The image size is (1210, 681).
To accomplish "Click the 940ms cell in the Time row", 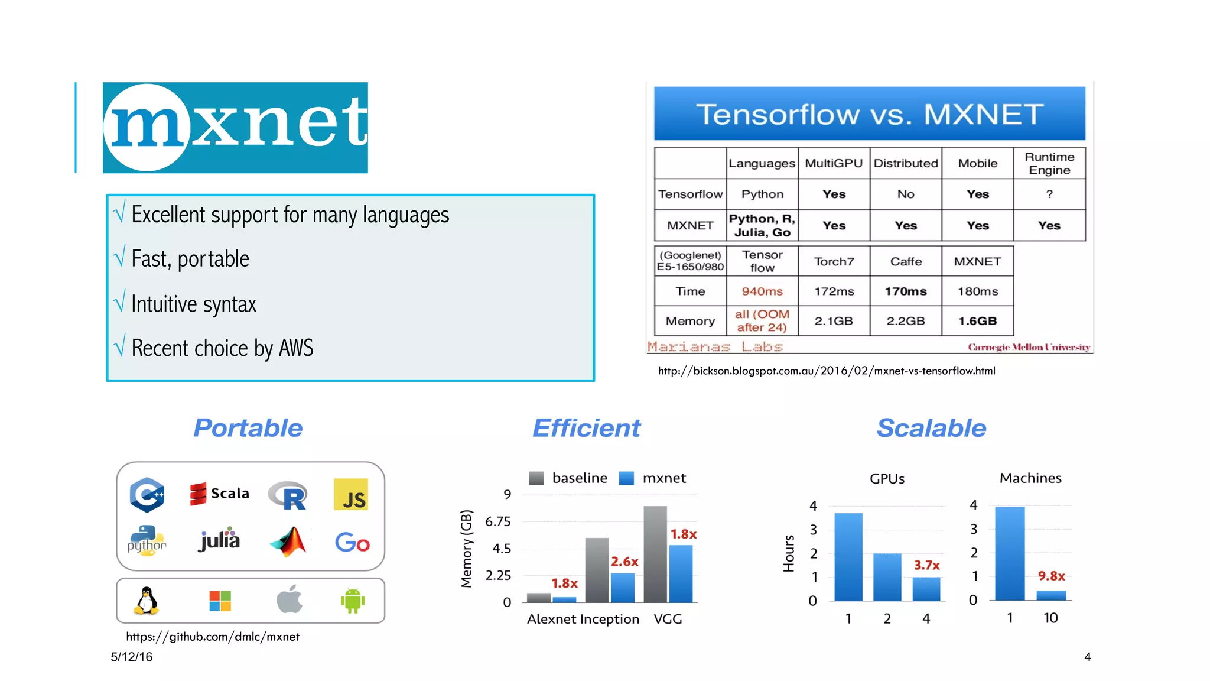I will (x=762, y=291).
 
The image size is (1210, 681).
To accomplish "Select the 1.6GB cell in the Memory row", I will (x=977, y=321).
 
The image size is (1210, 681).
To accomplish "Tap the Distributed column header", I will (x=905, y=163).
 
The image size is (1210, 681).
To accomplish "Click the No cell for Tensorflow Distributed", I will (x=905, y=194).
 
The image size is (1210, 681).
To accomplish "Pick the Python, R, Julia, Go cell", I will (x=762, y=225).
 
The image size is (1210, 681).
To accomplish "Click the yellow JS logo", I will (x=351, y=494).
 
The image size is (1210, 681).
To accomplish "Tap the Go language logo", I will (x=352, y=542).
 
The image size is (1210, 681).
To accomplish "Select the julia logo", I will (x=219, y=540).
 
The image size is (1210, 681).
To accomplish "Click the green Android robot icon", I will (x=353, y=601).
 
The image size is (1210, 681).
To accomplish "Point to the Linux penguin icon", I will (x=146, y=601).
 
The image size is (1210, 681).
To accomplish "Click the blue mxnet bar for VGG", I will (x=681, y=573).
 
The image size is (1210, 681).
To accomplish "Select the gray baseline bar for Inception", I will (x=597, y=570).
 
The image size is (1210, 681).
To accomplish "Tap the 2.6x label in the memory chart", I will (x=624, y=561).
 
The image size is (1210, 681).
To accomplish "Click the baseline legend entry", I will (x=568, y=478).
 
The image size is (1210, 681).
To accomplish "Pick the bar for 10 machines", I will (x=1051, y=595).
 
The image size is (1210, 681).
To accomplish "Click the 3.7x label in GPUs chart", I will (x=926, y=565).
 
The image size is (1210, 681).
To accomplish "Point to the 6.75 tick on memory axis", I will (x=497, y=521).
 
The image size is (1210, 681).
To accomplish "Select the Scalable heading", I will (x=931, y=427).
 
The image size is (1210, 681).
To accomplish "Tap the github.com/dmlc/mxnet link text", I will (x=213, y=637).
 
